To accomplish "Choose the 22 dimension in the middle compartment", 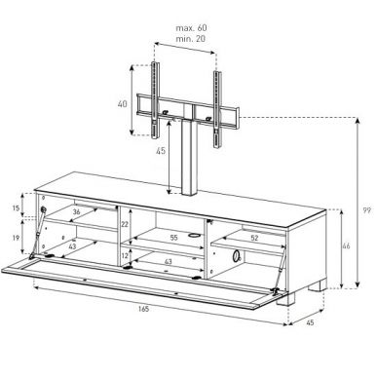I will (125, 224).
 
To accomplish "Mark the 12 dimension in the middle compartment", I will (125, 256).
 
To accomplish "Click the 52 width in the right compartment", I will (254, 236).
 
